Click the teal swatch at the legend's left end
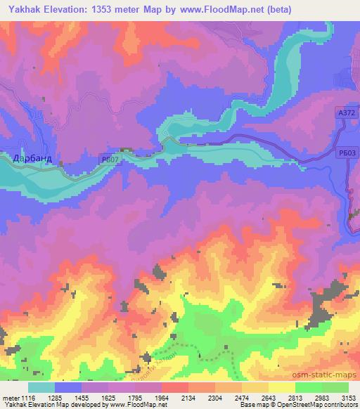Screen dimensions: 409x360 tap(41, 387)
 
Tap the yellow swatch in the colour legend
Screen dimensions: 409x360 tap(281, 387)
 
